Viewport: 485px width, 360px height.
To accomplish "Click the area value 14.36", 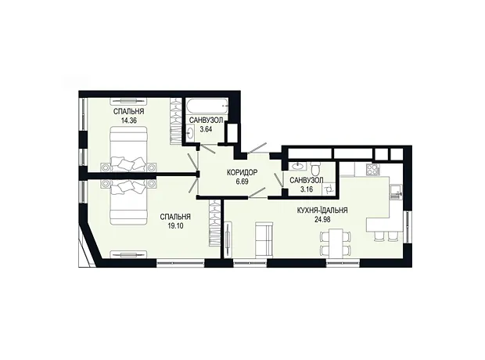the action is point(129,121).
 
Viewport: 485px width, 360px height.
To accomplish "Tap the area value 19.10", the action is point(175,226).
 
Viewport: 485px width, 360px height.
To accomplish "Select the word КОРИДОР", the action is point(242,172).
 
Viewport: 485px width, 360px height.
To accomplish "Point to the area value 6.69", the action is point(242,182).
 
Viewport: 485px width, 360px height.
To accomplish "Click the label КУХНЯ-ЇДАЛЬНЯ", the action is point(322,211).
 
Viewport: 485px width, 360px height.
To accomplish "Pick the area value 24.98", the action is point(322,219).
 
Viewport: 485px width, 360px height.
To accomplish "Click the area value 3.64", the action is point(206,129).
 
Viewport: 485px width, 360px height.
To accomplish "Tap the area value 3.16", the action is point(307,189).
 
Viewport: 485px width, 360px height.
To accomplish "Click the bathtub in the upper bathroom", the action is point(207,107).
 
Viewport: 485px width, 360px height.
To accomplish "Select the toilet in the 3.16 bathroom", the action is point(316,169).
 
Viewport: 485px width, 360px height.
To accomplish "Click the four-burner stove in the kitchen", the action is point(373,169).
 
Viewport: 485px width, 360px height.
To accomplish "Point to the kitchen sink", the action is point(396,192).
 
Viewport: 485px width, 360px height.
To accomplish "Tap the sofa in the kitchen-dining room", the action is point(264,239).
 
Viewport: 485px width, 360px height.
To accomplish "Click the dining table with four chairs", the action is point(336,242).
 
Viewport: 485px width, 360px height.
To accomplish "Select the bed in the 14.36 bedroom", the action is point(128,149).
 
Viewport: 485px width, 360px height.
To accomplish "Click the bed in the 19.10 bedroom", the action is point(128,203).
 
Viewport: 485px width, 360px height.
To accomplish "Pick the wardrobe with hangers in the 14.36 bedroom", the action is point(176,121).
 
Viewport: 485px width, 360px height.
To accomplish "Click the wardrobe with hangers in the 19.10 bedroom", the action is point(214,223).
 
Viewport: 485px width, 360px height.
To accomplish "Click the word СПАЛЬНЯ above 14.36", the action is point(129,111).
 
